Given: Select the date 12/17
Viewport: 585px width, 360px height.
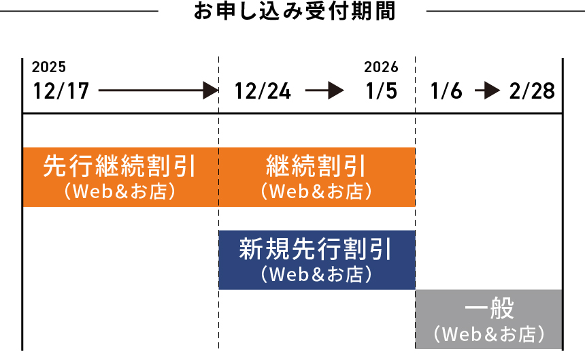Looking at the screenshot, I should click(x=61, y=91).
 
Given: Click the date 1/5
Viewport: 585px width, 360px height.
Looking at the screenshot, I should click(x=381, y=91).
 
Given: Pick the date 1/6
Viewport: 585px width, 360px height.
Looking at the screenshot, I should click(x=447, y=91).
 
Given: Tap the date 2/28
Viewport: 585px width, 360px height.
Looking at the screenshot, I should click(x=532, y=91).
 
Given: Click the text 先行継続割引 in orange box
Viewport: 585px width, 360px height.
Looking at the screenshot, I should click(x=120, y=166).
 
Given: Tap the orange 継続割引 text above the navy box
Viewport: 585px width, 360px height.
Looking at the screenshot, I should click(x=316, y=166).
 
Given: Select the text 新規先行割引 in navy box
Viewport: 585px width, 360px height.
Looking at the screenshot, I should click(x=316, y=250).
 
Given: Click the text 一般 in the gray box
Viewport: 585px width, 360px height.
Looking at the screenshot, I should click(x=489, y=310).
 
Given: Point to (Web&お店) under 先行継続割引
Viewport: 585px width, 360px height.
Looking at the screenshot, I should click(x=120, y=191).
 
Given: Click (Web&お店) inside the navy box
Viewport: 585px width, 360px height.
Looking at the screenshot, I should click(x=316, y=274).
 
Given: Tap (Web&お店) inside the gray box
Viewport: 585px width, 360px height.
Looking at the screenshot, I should click(x=489, y=334).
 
